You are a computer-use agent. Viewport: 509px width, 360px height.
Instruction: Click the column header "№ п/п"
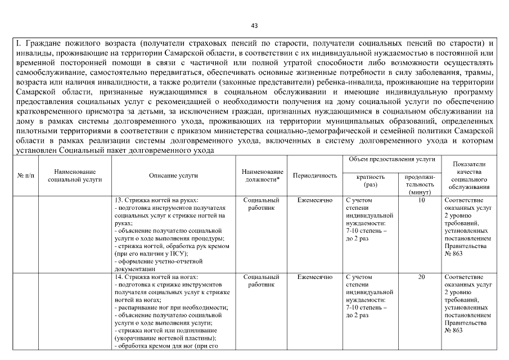point(25,175)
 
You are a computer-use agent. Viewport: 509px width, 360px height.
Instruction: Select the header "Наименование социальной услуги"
point(75,175)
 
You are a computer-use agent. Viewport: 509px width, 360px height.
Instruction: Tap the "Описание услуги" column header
point(173,175)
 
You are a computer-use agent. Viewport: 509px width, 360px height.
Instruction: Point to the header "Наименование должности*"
point(262,175)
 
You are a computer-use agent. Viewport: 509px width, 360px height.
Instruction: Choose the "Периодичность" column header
point(315,175)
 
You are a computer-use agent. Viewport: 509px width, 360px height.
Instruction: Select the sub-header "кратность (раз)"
point(371,180)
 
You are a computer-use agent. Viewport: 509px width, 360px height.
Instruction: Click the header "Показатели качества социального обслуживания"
point(469,175)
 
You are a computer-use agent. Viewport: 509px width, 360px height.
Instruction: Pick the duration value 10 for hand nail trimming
point(421,200)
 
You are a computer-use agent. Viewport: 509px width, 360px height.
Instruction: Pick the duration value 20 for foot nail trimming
point(421,277)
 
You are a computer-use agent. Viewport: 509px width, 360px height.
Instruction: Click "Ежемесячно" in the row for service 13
point(315,200)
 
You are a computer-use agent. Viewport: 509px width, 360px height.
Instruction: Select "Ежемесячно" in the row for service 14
point(315,277)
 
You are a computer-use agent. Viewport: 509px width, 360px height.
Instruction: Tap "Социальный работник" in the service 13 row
point(262,204)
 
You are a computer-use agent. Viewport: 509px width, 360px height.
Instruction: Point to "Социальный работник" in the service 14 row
point(262,281)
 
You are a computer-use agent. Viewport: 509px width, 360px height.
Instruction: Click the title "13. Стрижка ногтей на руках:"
point(156,200)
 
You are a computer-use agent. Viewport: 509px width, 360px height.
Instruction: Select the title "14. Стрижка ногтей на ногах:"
point(156,277)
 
